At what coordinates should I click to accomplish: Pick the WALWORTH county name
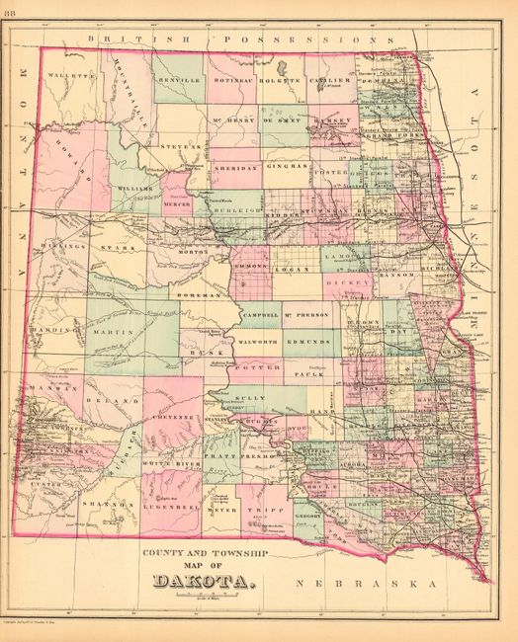pos(256,338)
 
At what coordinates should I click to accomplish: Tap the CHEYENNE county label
pos(172,418)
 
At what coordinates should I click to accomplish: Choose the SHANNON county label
pos(115,504)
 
